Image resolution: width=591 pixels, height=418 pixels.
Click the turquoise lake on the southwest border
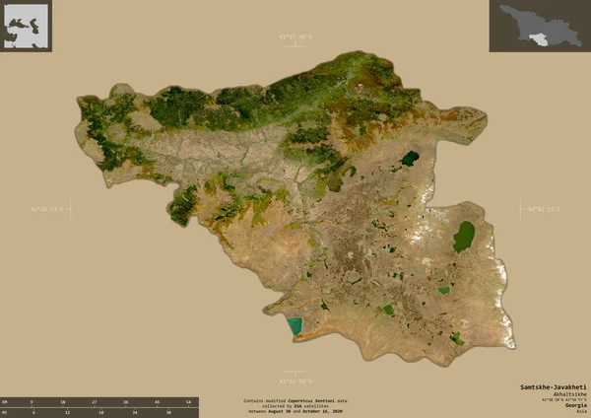point(293,326)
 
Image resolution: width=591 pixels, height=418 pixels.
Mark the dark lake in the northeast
point(410,158)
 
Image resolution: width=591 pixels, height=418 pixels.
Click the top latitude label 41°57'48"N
point(296,37)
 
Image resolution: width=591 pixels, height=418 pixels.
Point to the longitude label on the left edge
point(49,209)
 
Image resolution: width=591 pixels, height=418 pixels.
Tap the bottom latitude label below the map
point(296,381)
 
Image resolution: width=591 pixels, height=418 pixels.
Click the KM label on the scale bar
point(5,403)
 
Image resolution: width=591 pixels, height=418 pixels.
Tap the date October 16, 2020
point(328,412)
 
